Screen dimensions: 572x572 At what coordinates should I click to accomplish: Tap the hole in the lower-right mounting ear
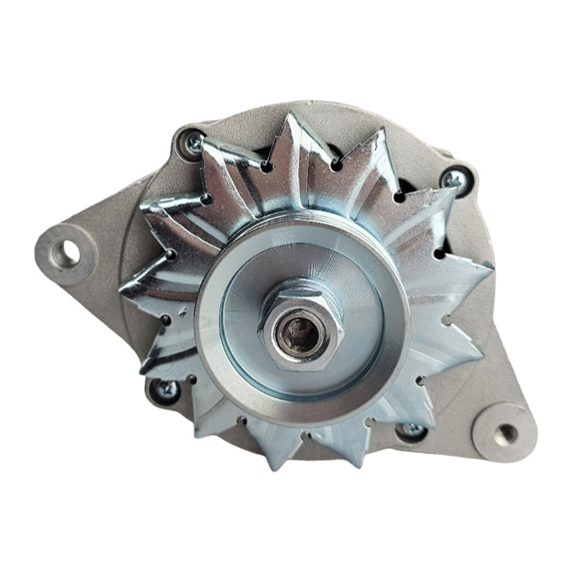pyautogui.click(x=506, y=433)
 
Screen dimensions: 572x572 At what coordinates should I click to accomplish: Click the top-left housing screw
pyautogui.click(x=193, y=141)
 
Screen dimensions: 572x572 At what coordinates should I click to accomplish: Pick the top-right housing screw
pyautogui.click(x=455, y=177)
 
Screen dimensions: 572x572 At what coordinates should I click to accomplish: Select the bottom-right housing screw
pyautogui.click(x=411, y=430)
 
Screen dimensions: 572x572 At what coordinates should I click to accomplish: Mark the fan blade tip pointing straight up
pyautogui.click(x=294, y=115)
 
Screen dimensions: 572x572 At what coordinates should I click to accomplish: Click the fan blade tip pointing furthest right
pyautogui.click(x=492, y=271)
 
